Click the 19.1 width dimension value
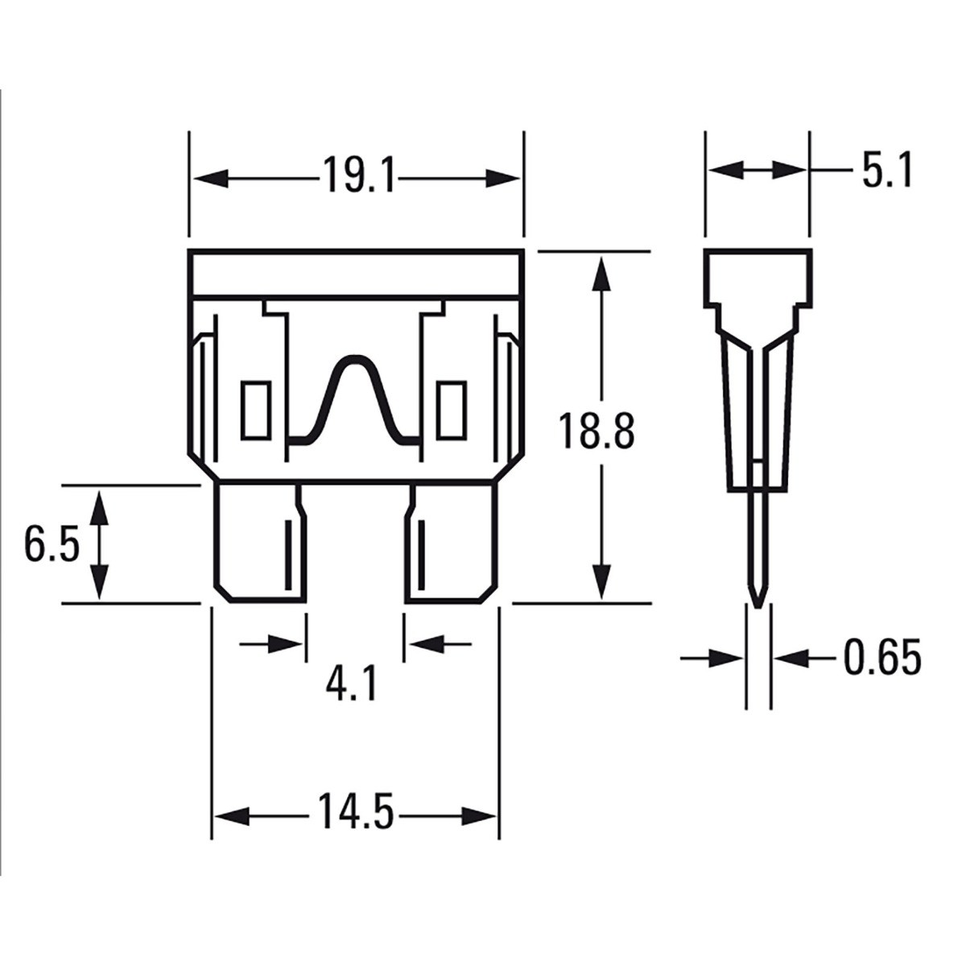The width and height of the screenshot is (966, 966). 359,176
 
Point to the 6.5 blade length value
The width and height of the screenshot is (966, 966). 51,545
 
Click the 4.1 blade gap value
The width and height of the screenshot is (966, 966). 351,685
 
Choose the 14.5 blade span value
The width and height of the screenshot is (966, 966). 354,812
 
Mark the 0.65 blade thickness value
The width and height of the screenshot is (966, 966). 881,658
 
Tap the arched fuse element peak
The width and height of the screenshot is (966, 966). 354,361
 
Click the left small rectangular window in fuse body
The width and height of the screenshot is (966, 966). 255,410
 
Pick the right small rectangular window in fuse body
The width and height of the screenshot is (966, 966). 451,410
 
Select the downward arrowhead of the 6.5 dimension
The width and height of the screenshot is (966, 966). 98,584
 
